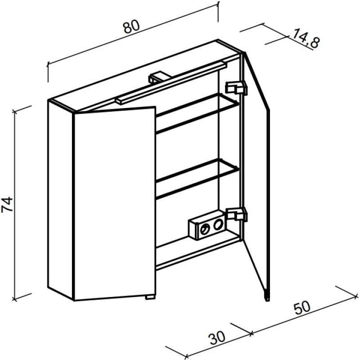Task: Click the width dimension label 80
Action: click(x=131, y=27)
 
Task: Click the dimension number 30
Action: click(x=217, y=338)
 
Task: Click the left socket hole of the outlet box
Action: click(x=205, y=229)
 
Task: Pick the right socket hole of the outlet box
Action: click(x=218, y=224)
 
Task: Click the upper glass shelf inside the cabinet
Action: click(x=198, y=113)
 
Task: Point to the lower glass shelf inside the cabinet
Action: click(x=198, y=178)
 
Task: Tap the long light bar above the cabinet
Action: click(x=171, y=83)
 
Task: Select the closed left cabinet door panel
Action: click(x=114, y=203)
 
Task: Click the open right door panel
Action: click(x=255, y=177)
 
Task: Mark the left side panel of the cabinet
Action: click(x=61, y=200)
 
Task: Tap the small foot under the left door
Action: click(x=150, y=297)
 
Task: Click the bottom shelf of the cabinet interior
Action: click(x=198, y=252)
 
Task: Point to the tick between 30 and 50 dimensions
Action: click(x=251, y=333)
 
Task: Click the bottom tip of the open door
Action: click(x=267, y=300)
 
